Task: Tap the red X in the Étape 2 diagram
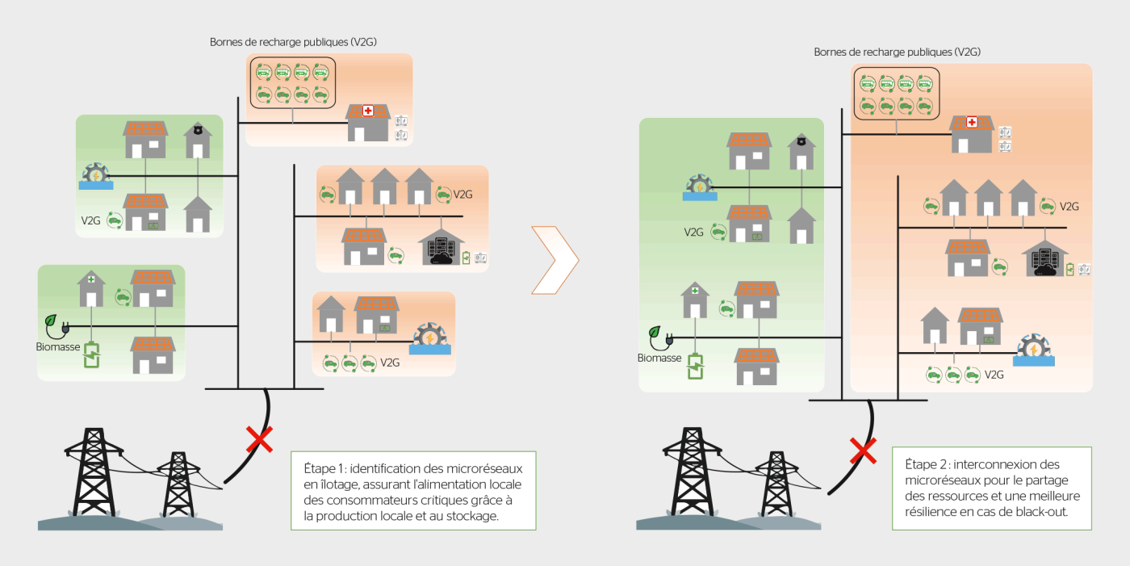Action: (x=863, y=451)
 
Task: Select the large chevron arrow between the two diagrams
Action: (x=556, y=259)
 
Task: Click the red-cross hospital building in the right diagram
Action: (x=972, y=133)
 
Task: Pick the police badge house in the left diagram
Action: (x=197, y=140)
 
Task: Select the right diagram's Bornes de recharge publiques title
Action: (x=897, y=52)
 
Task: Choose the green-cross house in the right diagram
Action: (x=695, y=300)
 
